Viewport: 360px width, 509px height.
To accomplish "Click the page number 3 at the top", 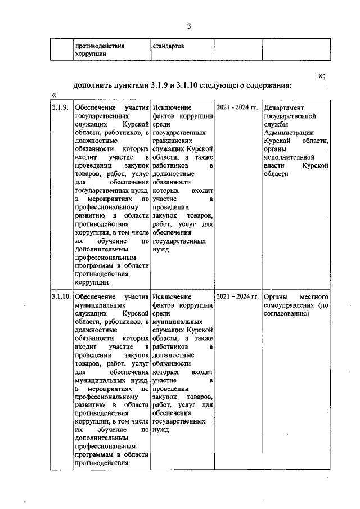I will [x=190, y=26].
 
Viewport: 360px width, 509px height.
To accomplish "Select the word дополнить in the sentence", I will [x=93, y=86].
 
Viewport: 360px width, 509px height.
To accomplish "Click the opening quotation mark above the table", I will [x=54, y=96].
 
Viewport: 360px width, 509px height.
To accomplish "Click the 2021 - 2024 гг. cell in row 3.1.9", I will [x=237, y=107].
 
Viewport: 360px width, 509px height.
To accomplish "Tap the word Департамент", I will [x=285, y=107].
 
